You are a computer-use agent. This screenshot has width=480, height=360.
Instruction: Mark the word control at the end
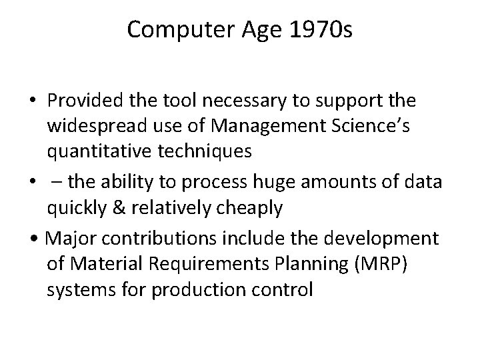pos(285,290)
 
